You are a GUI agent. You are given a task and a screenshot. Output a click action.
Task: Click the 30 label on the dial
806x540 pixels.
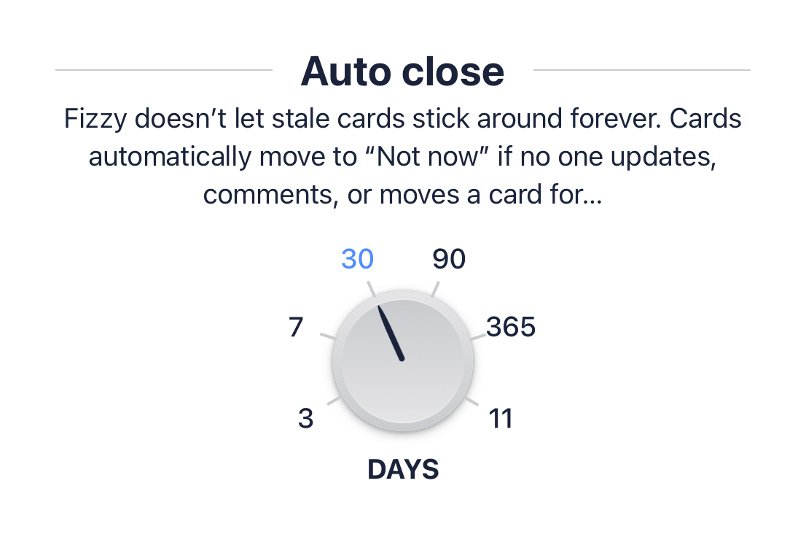tap(357, 259)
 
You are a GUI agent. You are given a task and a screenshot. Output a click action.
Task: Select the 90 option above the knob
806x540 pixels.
tap(449, 259)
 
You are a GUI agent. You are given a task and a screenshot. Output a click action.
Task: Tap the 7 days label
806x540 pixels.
tap(296, 328)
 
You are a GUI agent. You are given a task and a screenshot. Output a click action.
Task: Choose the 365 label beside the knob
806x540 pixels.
tap(511, 328)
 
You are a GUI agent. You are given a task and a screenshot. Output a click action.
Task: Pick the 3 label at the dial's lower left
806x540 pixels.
tap(306, 419)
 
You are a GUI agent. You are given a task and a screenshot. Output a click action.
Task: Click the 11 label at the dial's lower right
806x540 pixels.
tap(501, 419)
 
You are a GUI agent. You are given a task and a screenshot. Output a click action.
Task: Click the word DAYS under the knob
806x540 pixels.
tap(403, 469)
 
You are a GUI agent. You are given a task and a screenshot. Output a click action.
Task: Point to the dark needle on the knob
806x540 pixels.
tap(391, 333)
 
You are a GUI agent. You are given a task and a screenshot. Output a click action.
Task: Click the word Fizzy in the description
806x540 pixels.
tap(95, 120)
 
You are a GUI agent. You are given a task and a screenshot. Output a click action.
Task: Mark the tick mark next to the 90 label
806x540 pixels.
tap(435, 289)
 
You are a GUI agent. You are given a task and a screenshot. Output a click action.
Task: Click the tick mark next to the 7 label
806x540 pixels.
tap(329, 336)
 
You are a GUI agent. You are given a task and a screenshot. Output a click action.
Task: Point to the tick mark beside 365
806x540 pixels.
tap(478, 336)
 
